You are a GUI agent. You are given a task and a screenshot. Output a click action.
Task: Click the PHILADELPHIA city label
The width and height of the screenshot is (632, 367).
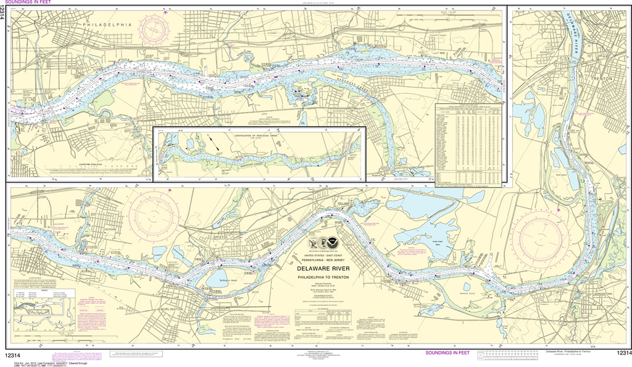[x=106, y=24]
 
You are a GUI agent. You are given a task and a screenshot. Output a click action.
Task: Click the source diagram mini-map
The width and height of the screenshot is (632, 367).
[x=38, y=309]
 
